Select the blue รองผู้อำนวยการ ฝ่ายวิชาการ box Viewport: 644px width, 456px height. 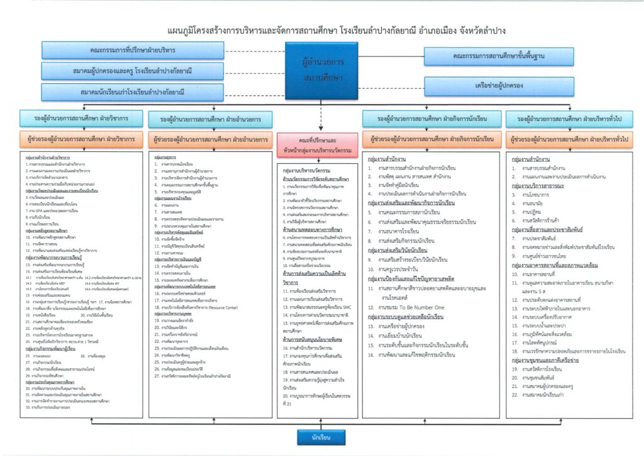[81, 119]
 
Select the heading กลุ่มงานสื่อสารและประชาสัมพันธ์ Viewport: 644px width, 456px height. [550, 231]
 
